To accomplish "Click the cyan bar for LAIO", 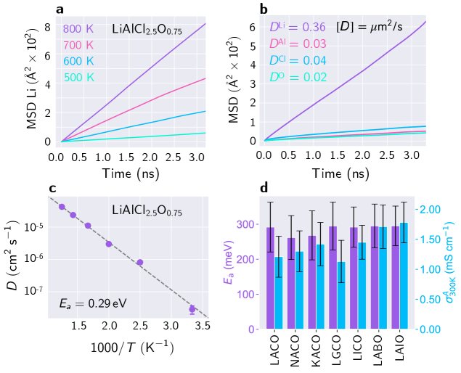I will tap(404, 276).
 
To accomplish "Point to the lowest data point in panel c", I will tap(192, 309).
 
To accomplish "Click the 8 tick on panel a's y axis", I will tap(46, 28).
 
